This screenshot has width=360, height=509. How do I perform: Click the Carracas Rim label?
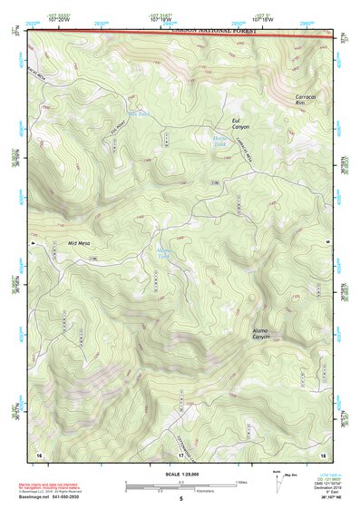(x=307, y=99)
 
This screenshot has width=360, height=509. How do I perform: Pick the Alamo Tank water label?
(x=164, y=251)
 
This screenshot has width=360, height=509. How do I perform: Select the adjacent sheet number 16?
(x=39, y=454)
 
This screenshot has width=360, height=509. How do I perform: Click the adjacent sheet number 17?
(x=181, y=454)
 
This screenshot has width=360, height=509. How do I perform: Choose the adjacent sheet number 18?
(x=323, y=454)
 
